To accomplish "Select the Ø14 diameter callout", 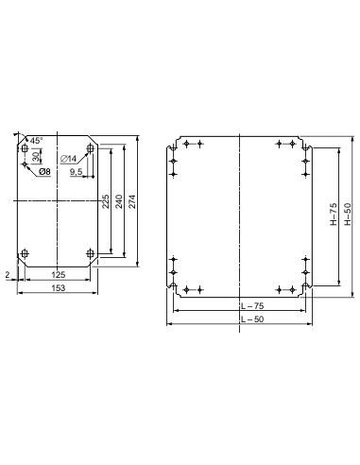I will [x=69, y=158].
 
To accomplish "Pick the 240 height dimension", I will [x=119, y=200].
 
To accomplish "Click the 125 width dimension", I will [x=58, y=275].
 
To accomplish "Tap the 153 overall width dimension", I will [x=58, y=287].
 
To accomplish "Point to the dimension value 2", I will [x=6, y=273].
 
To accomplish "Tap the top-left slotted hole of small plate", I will [x=24, y=149].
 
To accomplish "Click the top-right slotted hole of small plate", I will [x=91, y=149].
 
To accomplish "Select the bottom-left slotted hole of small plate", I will [x=24, y=253].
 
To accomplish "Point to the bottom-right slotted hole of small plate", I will [x=91, y=253].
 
